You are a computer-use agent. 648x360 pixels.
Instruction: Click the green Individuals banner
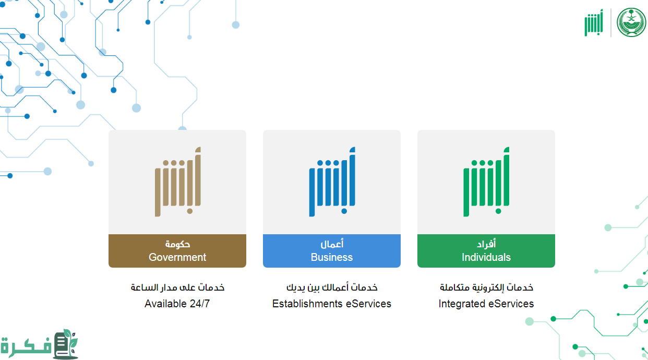point(486,251)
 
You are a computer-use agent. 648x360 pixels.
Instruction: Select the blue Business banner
point(331,251)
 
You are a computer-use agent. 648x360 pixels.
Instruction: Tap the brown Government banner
point(177,251)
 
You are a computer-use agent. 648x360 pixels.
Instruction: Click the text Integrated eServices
point(486,304)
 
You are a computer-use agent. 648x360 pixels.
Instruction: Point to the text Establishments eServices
point(331,304)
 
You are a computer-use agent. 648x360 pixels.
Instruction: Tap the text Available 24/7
point(177,304)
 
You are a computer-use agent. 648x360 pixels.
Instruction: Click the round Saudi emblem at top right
point(631,22)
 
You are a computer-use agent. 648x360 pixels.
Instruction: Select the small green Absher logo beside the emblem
point(594,23)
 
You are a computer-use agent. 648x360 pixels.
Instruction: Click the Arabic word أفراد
point(486,244)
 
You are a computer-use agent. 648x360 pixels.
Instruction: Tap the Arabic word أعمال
point(331,244)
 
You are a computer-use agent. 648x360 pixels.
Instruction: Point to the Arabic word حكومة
point(177,244)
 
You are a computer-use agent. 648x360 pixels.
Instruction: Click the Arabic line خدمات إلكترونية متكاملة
point(486,287)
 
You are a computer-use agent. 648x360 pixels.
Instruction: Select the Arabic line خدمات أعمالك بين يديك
point(331,287)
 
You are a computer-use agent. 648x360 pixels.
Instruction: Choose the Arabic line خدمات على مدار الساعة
point(177,287)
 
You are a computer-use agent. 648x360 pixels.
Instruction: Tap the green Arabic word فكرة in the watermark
point(26,346)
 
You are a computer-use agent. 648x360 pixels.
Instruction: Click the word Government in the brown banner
point(177,257)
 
